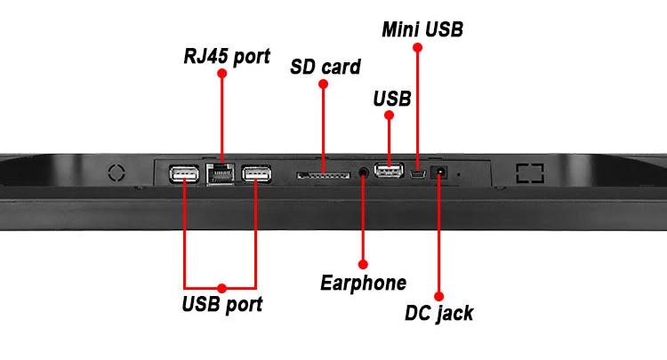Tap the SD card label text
tap(325, 67)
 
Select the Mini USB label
tap(422, 29)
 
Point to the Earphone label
tap(363, 283)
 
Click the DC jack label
tap(438, 313)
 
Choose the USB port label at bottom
tap(222, 305)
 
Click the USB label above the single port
tap(391, 99)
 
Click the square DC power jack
tap(438, 172)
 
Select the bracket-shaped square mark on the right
tap(530, 172)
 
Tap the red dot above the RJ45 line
tap(221, 74)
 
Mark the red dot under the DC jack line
tap(438, 296)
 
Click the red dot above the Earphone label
tap(363, 264)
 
